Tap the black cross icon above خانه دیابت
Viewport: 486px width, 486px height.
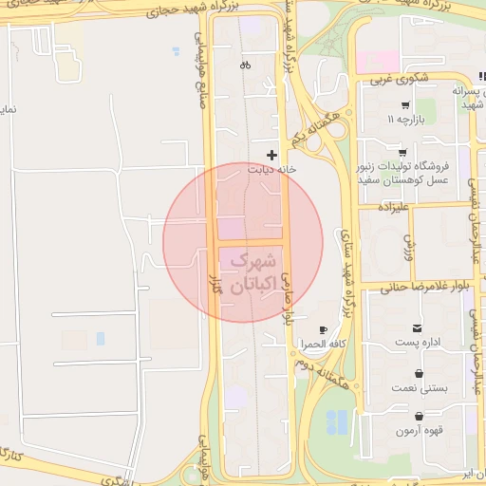coord(272,154)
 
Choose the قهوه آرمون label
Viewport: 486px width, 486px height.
coord(419,430)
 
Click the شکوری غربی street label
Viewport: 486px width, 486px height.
coord(408,78)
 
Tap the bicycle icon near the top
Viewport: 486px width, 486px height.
coord(246,65)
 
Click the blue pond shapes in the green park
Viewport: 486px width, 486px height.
coord(336,422)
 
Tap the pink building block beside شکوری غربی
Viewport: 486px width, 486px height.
coord(377,61)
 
